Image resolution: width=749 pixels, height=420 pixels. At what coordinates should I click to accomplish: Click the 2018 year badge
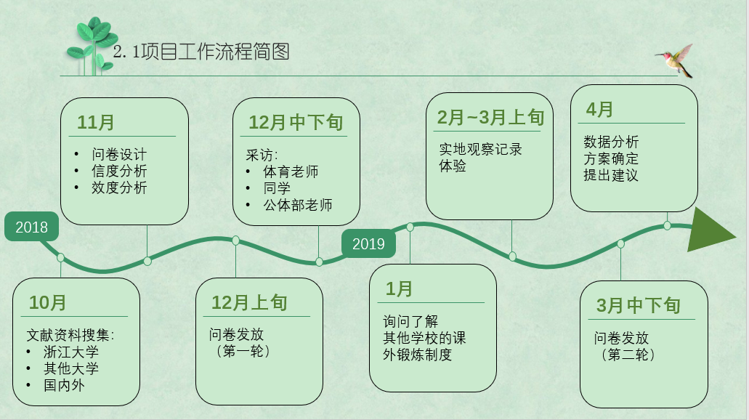[31, 227]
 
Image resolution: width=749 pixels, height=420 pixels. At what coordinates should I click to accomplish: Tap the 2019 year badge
[368, 243]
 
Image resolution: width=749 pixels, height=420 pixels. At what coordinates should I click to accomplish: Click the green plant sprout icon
[92, 47]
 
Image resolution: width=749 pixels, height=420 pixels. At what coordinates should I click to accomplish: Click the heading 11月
[96, 122]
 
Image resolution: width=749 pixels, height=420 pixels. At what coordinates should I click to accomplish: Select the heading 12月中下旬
[296, 122]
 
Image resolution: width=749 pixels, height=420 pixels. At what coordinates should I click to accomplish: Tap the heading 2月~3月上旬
[490, 117]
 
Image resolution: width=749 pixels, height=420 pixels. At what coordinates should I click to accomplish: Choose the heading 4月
[599, 110]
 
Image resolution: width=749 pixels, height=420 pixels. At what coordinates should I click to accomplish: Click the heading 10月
[48, 302]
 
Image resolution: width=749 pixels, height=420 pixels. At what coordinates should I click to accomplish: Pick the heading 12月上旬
[249, 302]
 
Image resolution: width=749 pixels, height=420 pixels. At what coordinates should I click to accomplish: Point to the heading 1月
[399, 288]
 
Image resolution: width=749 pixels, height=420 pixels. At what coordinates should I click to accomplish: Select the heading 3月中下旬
[638, 305]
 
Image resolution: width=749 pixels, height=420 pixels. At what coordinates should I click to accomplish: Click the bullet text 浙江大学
[71, 352]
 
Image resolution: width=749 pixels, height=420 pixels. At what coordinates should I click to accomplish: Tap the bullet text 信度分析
[119, 171]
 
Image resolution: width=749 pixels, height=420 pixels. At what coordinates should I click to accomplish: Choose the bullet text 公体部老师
[298, 205]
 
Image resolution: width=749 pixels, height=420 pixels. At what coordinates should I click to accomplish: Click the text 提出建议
[610, 175]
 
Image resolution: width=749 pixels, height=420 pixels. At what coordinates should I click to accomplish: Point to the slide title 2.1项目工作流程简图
[201, 52]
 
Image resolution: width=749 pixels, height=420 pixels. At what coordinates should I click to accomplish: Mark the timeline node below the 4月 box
[668, 225]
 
